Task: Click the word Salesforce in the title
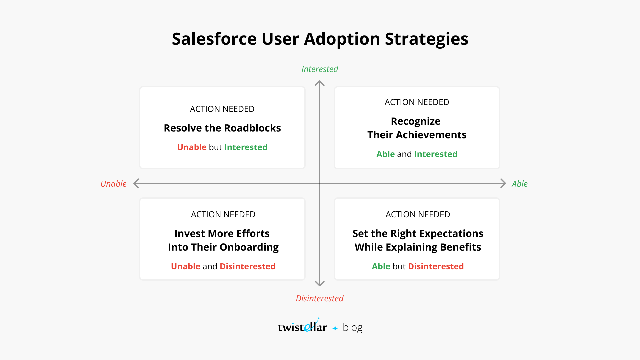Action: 214,39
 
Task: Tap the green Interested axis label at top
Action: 320,69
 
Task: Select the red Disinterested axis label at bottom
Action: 319,298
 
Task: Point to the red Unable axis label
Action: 113,184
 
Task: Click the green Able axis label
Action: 519,184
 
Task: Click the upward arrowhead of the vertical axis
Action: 320,83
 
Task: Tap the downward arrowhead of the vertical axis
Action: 320,283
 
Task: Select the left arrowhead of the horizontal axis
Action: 136,183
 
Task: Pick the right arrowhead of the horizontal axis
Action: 503,183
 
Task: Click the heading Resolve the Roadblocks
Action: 222,128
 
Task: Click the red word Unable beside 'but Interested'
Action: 192,147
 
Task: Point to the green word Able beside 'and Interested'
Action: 385,154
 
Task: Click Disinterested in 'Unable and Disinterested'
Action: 247,266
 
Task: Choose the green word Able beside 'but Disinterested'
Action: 381,266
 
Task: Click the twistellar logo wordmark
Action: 302,327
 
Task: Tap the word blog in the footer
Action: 352,328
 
